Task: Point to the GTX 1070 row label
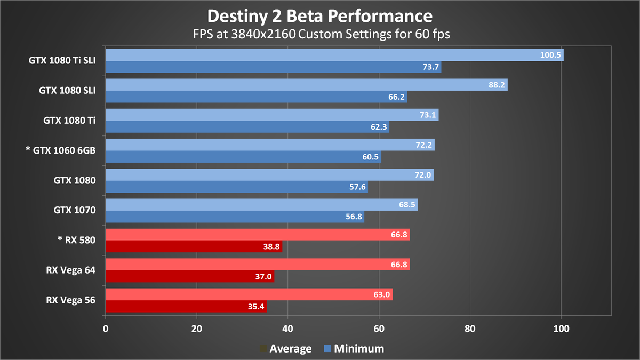(75, 210)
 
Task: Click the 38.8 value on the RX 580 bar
(270, 247)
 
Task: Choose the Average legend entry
(285, 349)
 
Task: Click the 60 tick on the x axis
(379, 329)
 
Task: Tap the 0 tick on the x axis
(106, 329)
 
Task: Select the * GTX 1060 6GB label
(60, 150)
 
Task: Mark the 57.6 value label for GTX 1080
(357, 187)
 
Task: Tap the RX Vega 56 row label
(70, 300)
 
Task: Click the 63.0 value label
(382, 294)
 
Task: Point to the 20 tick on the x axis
(197, 329)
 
